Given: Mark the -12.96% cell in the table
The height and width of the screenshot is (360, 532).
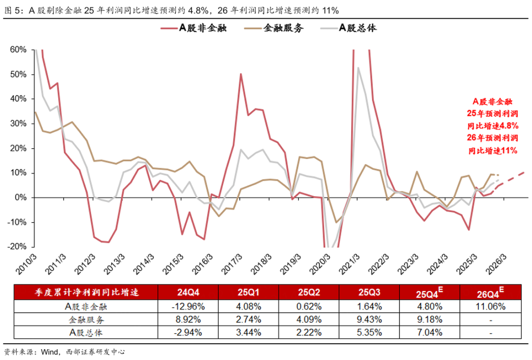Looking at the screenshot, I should click(x=188, y=306).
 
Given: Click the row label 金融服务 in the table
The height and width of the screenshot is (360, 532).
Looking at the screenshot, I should click(x=87, y=319).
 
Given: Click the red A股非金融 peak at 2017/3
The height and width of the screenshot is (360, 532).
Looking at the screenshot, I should click(x=240, y=74).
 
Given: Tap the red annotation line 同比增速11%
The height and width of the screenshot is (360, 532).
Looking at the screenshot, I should click(x=492, y=151).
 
